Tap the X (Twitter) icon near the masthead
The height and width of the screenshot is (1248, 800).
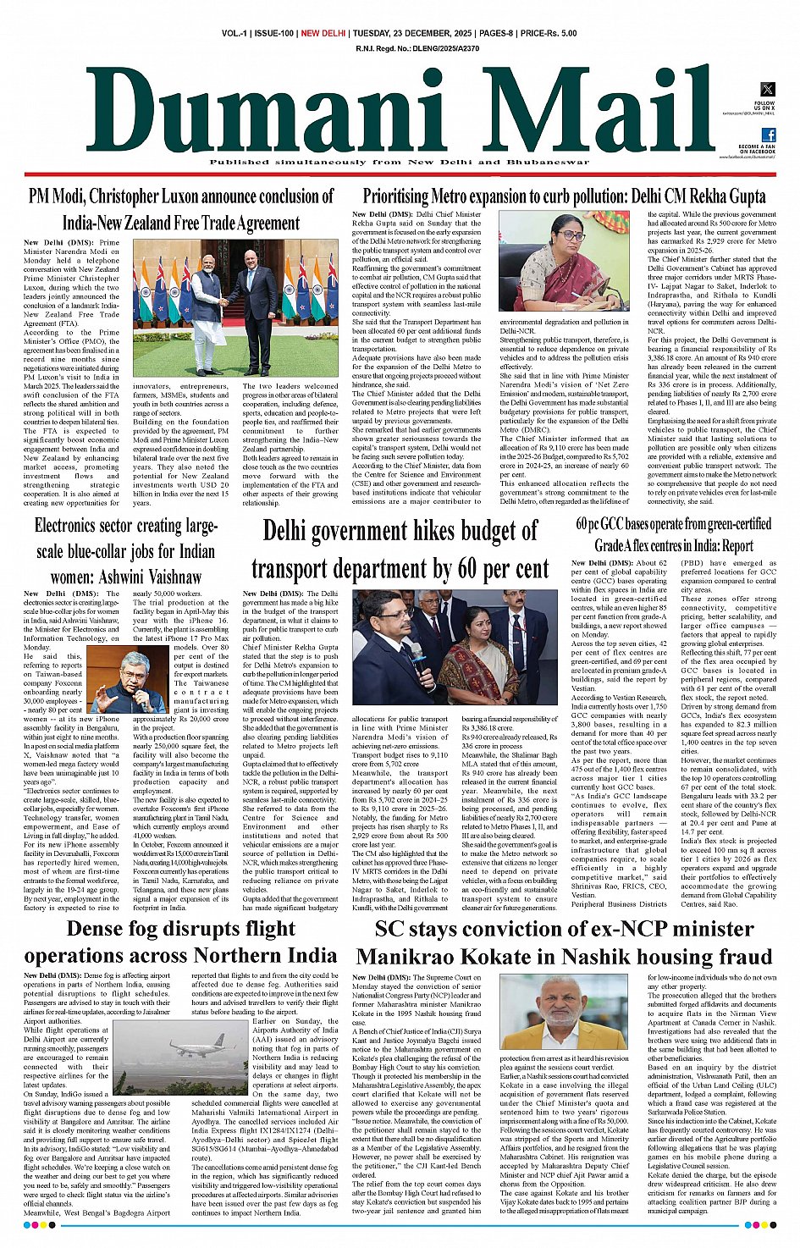(x=767, y=90)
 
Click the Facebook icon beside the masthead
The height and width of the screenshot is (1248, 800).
(x=768, y=135)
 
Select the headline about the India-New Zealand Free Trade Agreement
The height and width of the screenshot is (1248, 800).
(x=181, y=209)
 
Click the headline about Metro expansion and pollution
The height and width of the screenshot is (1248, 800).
(x=564, y=196)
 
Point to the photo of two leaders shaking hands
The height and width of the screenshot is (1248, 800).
(x=235, y=308)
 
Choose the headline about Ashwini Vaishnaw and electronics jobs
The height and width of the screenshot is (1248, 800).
(x=126, y=551)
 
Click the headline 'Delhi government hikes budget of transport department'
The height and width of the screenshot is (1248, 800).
(x=400, y=550)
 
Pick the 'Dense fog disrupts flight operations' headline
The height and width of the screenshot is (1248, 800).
(x=180, y=942)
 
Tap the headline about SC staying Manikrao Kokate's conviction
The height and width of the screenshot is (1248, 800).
(x=564, y=942)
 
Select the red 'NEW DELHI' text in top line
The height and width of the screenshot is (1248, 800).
(x=323, y=34)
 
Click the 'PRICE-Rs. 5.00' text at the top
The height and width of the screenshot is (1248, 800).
(x=549, y=34)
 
